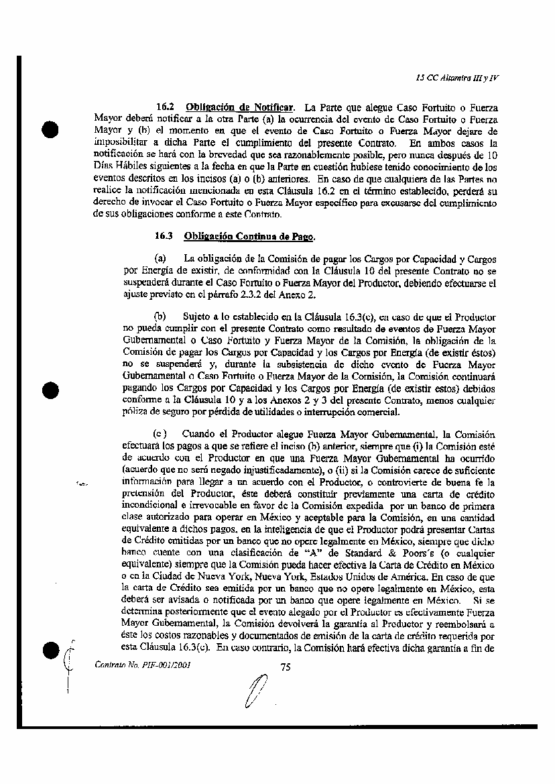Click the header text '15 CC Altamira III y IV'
(x=457, y=77)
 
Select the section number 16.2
(x=166, y=107)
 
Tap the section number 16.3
(x=164, y=235)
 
